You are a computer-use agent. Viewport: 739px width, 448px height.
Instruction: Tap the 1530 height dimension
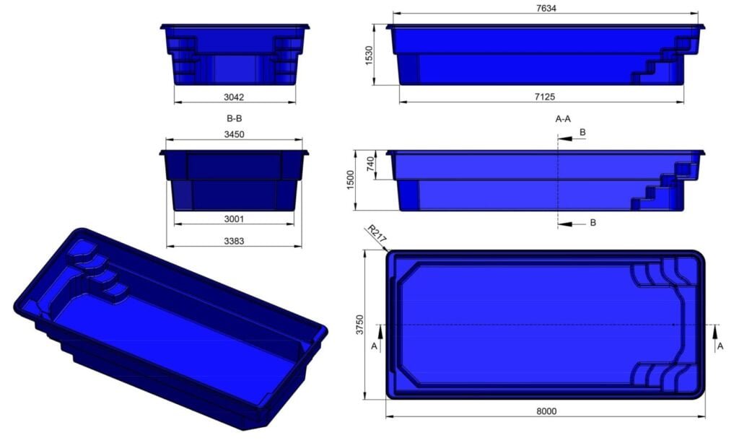coord(369,55)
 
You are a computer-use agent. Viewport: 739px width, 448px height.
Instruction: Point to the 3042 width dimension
coord(234,95)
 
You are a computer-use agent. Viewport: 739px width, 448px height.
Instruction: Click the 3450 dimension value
coord(234,134)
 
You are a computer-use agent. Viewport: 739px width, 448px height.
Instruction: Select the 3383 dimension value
coord(234,242)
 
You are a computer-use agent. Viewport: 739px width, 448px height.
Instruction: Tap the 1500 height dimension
coord(350,181)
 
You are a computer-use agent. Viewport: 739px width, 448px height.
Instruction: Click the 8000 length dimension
coord(547,411)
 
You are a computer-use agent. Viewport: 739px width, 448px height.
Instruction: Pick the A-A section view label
coord(564,118)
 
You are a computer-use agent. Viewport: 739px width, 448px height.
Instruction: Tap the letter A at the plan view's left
coord(374,346)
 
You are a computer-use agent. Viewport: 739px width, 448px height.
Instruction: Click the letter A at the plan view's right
coord(720,346)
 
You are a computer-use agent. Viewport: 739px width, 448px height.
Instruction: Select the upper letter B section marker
coord(582,133)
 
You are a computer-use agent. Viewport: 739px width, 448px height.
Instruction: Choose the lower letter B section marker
coord(592,223)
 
